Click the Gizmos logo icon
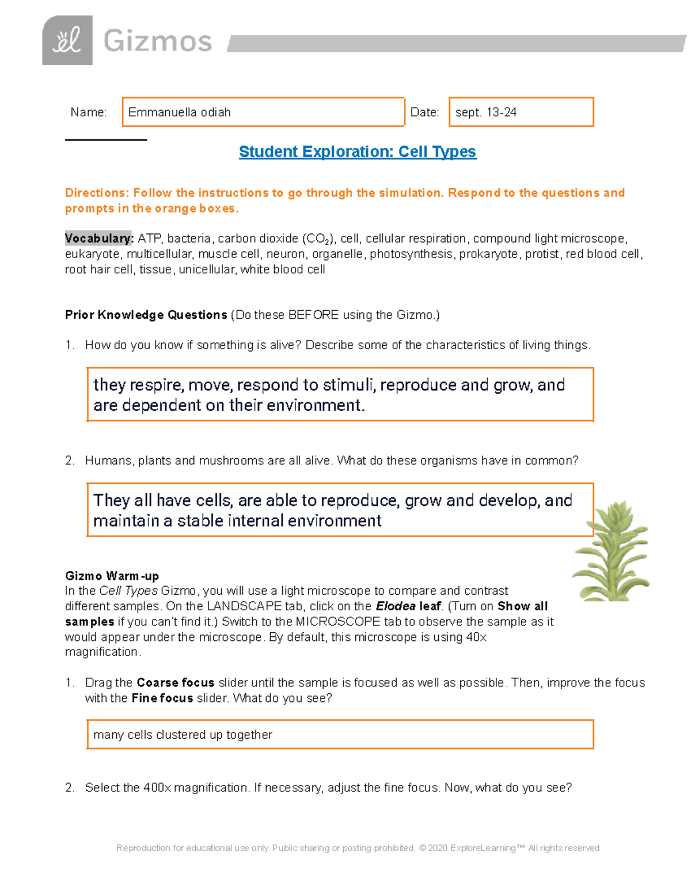[x=67, y=40]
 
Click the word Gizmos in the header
[x=158, y=41]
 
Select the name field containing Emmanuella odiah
[x=263, y=112]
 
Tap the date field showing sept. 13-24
[x=521, y=112]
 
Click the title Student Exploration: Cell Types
[x=358, y=152]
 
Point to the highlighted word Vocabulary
[x=98, y=239]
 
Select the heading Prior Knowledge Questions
[x=146, y=315]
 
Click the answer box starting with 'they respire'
[x=340, y=395]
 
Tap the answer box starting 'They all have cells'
[x=340, y=510]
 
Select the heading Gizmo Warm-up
[x=112, y=576]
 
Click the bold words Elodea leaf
[x=408, y=606]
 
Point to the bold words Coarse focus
[x=175, y=683]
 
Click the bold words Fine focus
[x=162, y=698]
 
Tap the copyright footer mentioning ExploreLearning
[x=358, y=848]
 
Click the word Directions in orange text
[x=96, y=193]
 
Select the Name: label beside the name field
[x=88, y=112]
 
